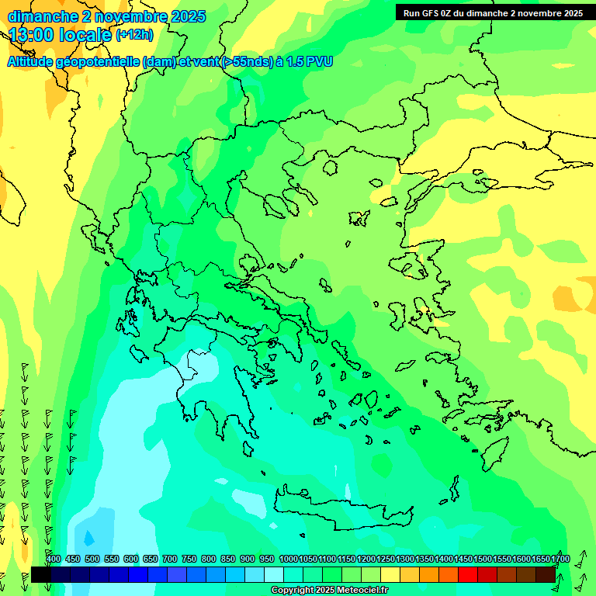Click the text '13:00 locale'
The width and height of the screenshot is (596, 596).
[x=60, y=34]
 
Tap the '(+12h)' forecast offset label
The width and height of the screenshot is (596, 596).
[x=134, y=34]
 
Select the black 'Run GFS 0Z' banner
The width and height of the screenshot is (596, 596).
[x=493, y=12]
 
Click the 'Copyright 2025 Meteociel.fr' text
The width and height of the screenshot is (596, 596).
[x=330, y=590]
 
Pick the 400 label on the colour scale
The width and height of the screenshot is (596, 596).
[x=54, y=559]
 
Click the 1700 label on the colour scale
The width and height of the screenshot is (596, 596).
[x=560, y=559]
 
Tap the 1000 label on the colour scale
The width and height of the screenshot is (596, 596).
[x=288, y=559]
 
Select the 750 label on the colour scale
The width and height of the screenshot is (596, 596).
[x=189, y=559]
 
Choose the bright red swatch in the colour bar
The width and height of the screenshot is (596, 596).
[x=468, y=574]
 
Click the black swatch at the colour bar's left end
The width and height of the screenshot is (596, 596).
[x=41, y=574]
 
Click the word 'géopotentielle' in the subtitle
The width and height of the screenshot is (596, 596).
[x=103, y=61]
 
